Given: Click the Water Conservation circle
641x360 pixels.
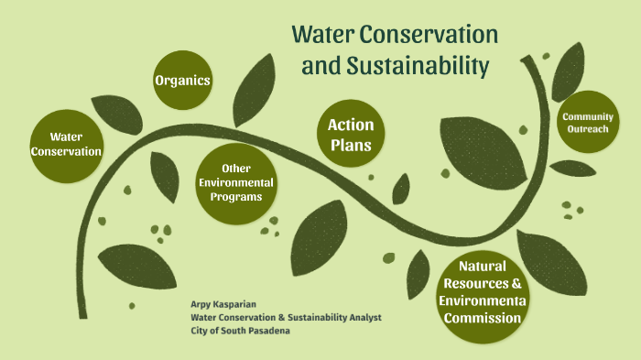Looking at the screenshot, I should pos(66,144).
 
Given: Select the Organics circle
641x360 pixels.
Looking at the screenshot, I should pos(183,81).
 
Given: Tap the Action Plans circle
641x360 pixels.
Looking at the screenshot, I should pos(351,134).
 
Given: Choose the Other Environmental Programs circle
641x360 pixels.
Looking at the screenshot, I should pos(236,183).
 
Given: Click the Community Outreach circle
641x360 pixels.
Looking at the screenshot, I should pos(587,124).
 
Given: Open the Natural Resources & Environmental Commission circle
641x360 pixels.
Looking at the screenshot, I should pos(483,292).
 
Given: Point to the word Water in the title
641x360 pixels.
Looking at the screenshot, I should pos(321,35).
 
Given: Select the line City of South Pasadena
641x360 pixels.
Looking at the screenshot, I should pos(241,330).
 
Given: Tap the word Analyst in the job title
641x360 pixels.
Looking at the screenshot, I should pos(363,317).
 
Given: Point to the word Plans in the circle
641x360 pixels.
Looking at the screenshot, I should pos(351,144).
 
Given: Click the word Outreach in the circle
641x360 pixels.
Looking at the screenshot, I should pos(587,130).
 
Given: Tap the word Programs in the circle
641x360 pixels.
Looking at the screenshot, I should pos(236,196).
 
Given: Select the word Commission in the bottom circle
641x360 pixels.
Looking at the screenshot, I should pos(483,318).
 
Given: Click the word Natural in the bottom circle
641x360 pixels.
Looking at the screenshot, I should pos(483,267).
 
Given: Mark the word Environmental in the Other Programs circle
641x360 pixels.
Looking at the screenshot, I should pos(236,182).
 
